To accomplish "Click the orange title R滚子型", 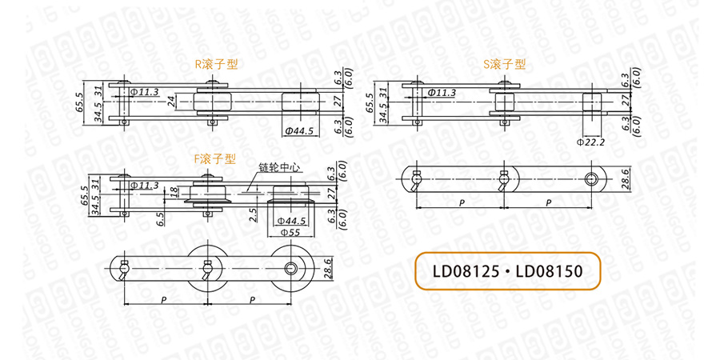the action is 217,64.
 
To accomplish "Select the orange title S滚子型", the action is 505,64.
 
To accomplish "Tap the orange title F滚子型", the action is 215,159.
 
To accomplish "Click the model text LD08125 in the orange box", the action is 465,271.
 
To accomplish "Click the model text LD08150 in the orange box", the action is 549,271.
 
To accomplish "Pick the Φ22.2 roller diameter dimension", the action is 591,142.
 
